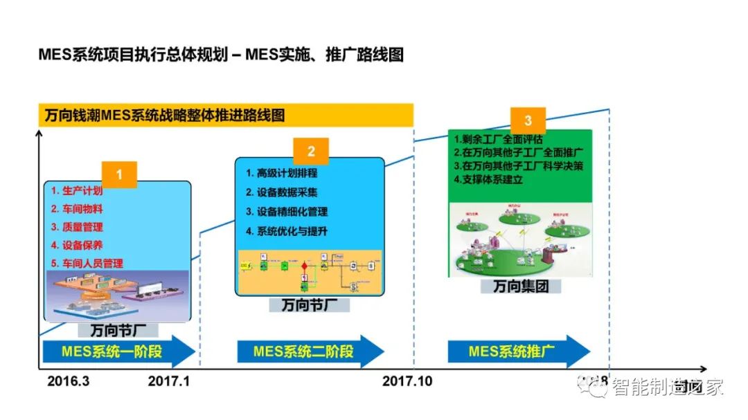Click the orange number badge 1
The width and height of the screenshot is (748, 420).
119,175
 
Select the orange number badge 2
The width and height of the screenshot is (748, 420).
311,152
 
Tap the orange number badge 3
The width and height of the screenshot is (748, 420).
528,121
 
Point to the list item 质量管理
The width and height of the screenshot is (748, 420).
77,227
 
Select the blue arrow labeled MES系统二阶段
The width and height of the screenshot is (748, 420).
310,351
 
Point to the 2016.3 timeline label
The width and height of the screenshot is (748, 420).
69,382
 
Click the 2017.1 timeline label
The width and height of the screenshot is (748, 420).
169,382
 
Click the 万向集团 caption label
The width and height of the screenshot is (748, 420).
520,286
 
